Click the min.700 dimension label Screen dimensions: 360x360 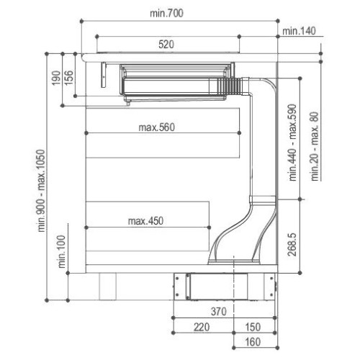pos(166,13)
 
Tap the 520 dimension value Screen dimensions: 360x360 pos(166,45)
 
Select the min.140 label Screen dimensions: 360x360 pos(299,31)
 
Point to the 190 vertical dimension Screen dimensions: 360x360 pos(56,78)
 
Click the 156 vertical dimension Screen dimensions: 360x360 pos(68,78)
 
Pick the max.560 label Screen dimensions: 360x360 pos(157,127)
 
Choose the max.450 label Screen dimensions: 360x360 pos(145,221)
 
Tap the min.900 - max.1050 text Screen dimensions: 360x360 pos(41,191)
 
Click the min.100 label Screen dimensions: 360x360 pos(62,251)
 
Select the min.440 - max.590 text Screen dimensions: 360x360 pos(293,143)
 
